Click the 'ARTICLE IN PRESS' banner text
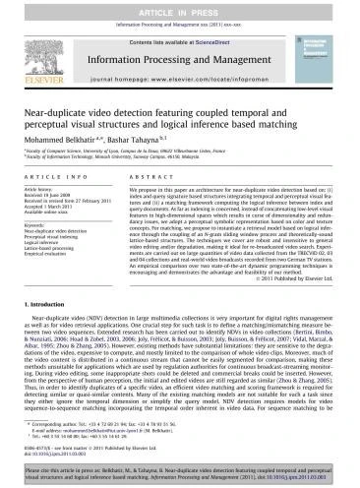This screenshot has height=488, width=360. [x=179, y=8]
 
